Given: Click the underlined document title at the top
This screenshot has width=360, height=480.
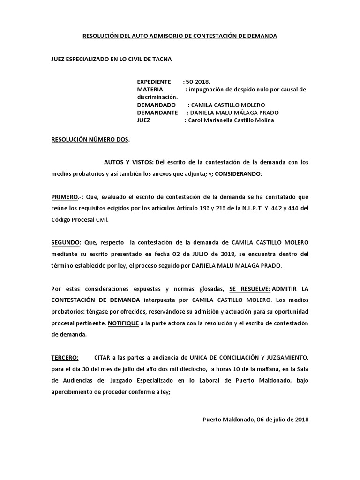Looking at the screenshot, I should (x=180, y=36).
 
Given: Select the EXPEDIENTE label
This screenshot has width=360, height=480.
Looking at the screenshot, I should (x=154, y=82).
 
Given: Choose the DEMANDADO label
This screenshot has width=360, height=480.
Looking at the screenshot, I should (x=157, y=105).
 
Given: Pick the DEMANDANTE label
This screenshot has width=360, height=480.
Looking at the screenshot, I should (x=157, y=113).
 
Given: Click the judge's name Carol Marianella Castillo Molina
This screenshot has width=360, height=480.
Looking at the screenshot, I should (x=231, y=120).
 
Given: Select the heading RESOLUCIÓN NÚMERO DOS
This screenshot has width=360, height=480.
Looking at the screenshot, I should (x=90, y=140).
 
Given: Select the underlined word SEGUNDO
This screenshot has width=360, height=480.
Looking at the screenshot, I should (x=66, y=242).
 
